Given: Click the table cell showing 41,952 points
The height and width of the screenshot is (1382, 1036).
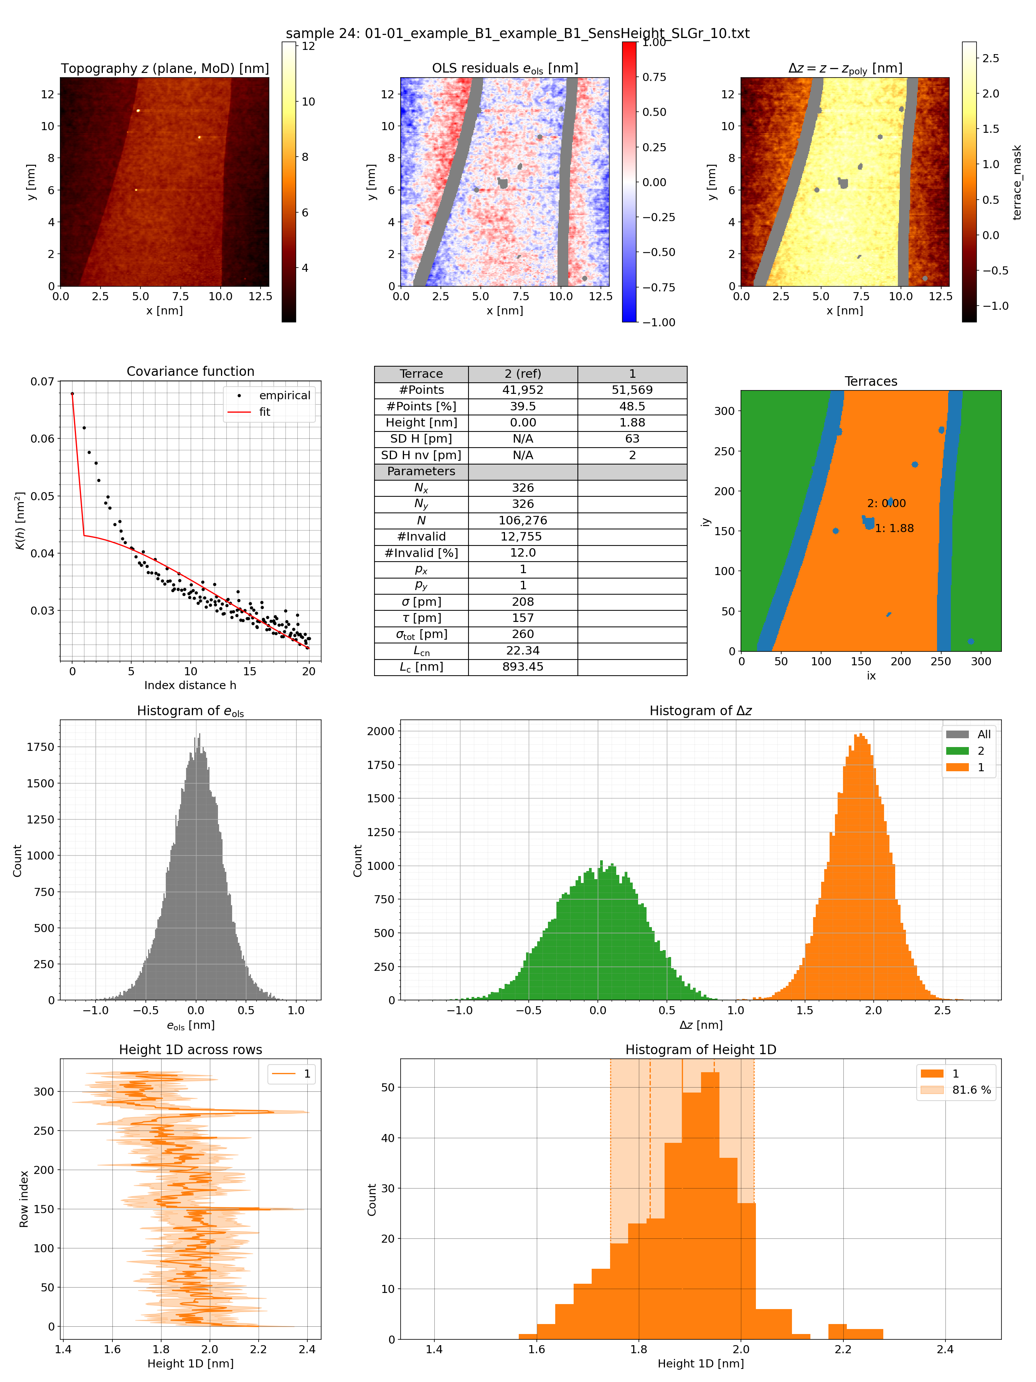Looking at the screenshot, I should tap(522, 390).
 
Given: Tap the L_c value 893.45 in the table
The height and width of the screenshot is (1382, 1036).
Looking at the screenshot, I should tap(522, 667).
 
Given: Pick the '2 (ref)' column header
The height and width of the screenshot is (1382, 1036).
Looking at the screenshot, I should tap(522, 374).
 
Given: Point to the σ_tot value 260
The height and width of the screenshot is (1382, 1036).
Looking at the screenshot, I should tap(522, 634).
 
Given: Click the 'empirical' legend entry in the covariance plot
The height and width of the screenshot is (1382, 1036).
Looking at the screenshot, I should tap(284, 395).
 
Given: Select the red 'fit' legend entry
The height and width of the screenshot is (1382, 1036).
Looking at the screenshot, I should tap(265, 412).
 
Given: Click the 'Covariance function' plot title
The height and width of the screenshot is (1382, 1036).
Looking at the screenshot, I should tap(190, 371).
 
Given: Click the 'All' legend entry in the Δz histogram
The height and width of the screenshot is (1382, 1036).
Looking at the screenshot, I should tap(983, 734).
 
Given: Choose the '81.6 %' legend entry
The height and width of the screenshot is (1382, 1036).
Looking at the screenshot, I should tap(971, 1089).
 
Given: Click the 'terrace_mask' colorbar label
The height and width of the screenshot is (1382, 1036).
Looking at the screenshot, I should tap(1017, 182).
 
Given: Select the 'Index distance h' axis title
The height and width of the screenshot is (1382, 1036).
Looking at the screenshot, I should tap(190, 685).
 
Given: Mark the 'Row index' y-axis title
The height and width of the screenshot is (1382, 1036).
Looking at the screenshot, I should tap(24, 1199).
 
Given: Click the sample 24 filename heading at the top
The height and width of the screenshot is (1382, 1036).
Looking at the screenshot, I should tap(517, 33).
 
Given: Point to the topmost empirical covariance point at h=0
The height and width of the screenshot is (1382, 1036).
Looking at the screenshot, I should tap(73, 393).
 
